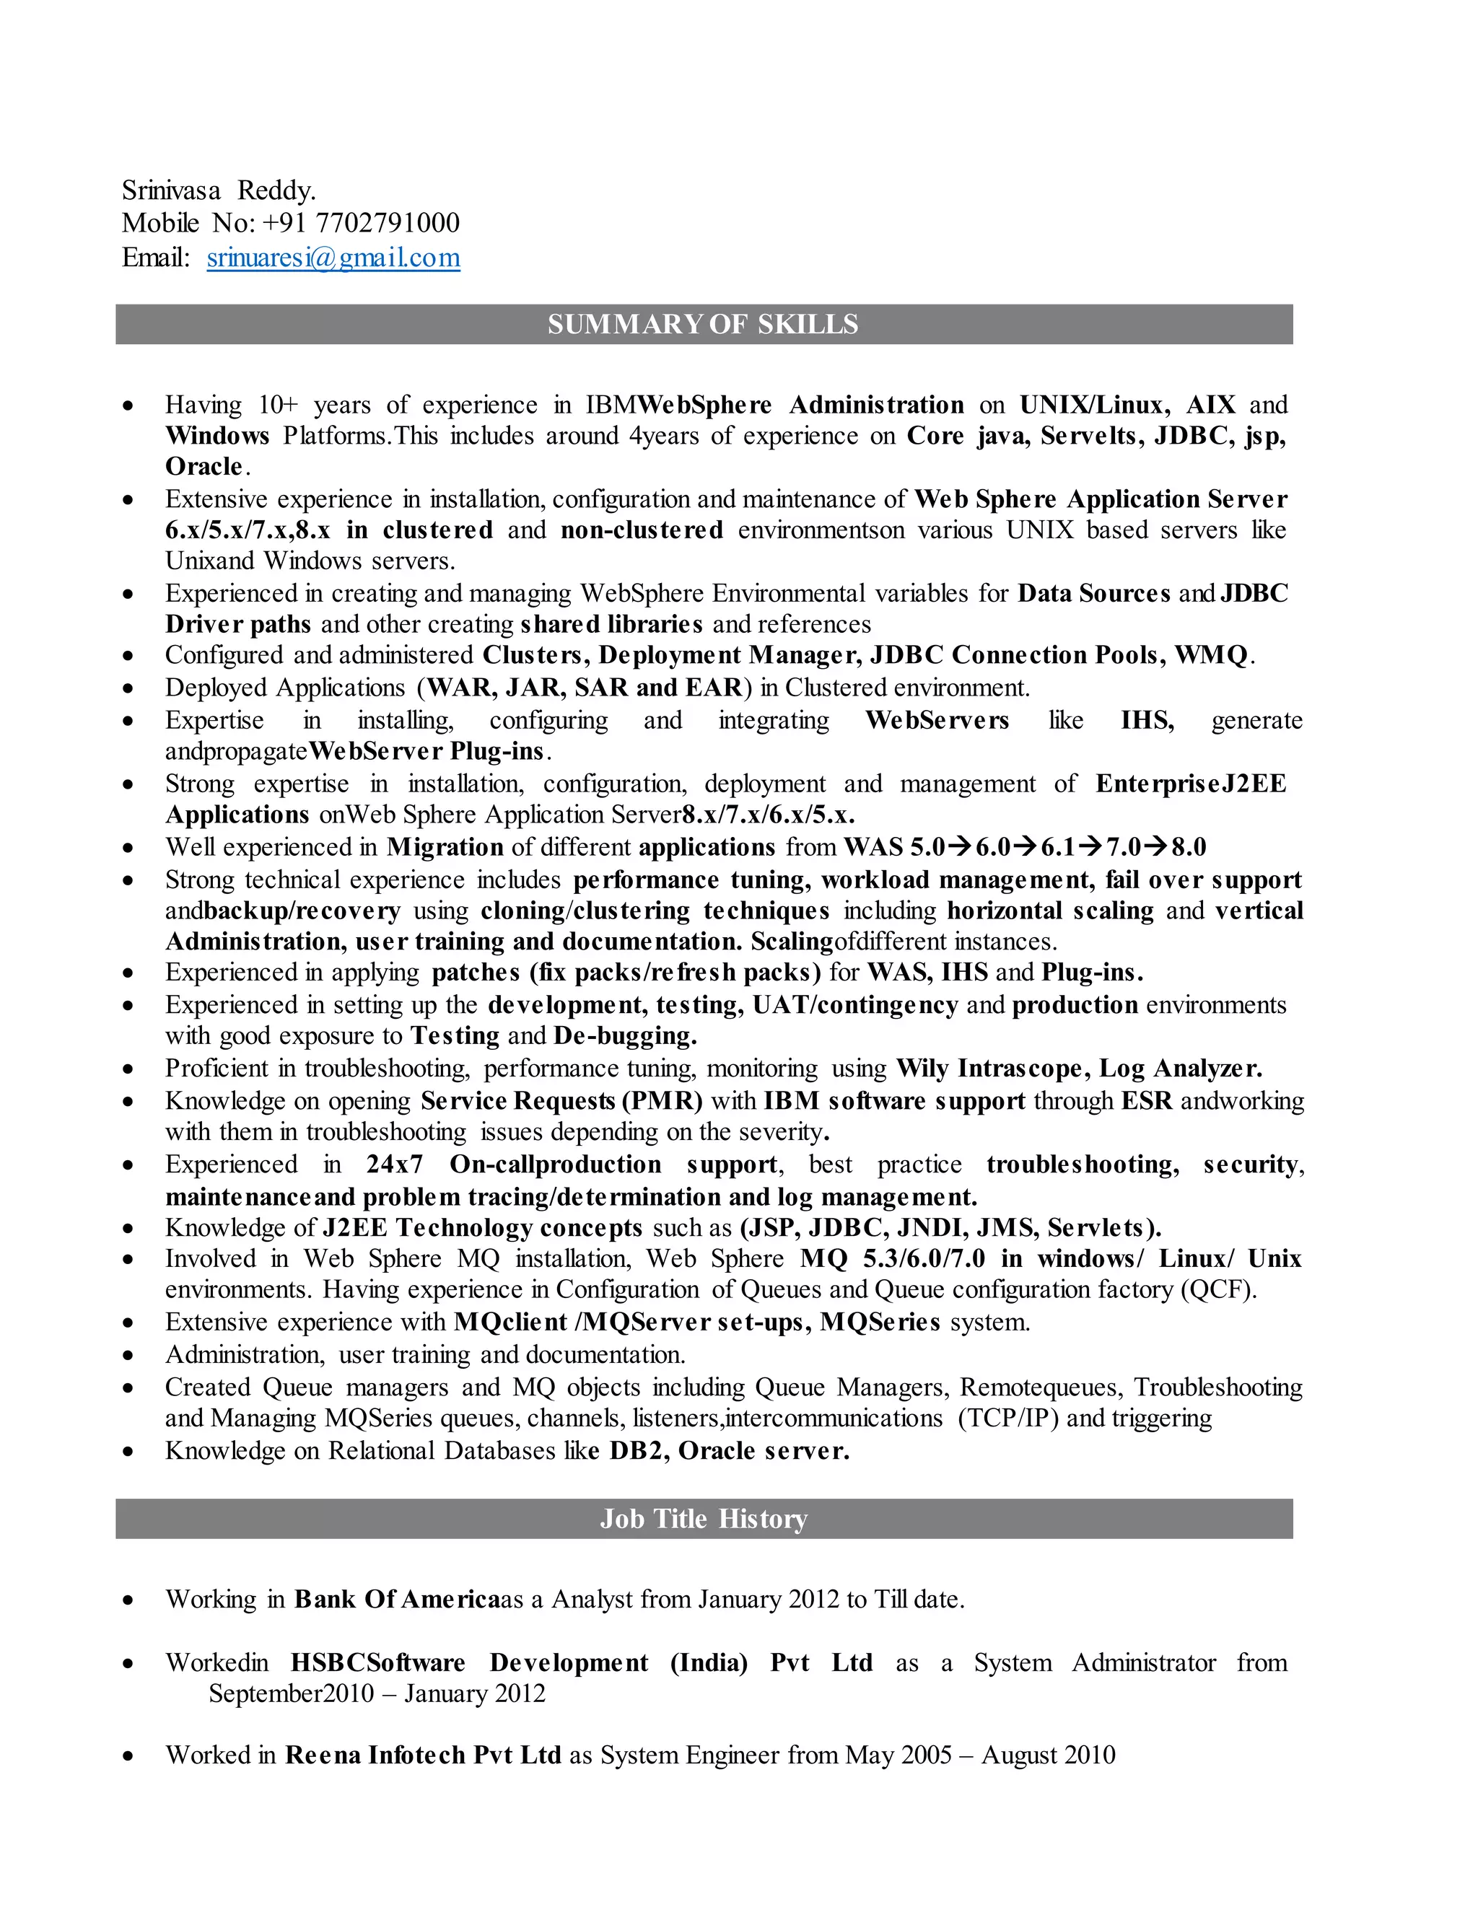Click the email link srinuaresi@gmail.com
click(333, 258)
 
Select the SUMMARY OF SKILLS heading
click(703, 325)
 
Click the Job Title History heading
click(703, 1518)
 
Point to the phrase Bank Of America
click(397, 1600)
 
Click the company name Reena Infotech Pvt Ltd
click(423, 1755)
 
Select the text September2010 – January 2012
click(377, 1693)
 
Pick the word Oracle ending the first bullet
click(204, 467)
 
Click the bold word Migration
click(445, 848)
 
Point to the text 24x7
click(394, 1165)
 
